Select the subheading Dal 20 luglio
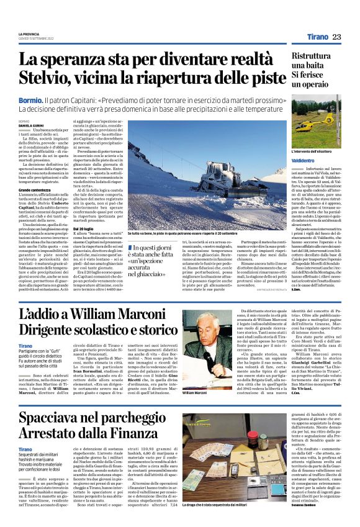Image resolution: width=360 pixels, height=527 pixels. pyautogui.click(x=104, y=228)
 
